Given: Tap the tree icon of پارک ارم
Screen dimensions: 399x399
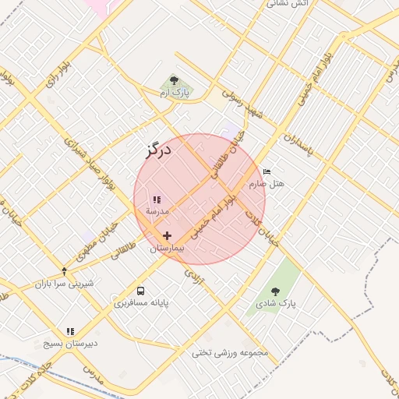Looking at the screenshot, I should [x=173, y=80].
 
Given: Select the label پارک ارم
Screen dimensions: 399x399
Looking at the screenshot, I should [x=175, y=93].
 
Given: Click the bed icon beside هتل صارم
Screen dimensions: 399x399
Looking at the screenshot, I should [x=267, y=171].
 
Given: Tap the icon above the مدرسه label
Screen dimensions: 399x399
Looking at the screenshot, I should [x=157, y=199].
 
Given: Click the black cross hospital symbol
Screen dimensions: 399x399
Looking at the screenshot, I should [x=167, y=235].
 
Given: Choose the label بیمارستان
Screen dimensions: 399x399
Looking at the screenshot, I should [x=165, y=248].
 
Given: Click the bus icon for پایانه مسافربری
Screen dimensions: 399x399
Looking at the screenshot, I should [x=140, y=291].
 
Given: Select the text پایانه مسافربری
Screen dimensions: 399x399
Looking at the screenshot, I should [x=143, y=302].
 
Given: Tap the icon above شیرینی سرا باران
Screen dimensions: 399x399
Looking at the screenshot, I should [x=64, y=271].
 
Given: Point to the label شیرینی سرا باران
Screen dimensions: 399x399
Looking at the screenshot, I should [x=64, y=283].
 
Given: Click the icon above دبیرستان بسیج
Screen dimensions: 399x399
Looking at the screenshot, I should [x=70, y=331].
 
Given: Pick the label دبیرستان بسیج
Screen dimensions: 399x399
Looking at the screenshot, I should [x=70, y=343].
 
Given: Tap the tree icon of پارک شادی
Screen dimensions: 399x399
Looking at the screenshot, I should [x=275, y=291].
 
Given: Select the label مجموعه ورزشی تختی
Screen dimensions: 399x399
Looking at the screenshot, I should [x=230, y=353].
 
